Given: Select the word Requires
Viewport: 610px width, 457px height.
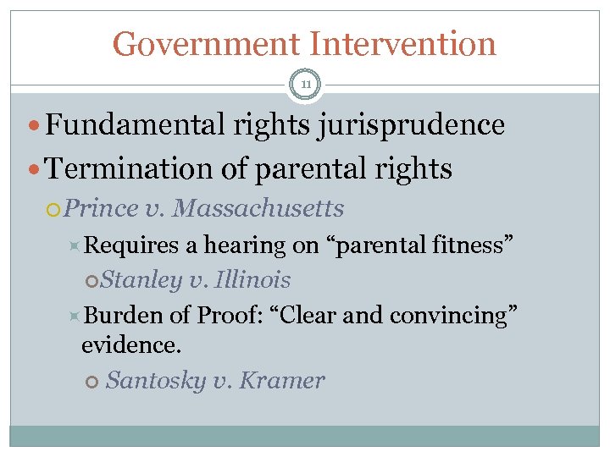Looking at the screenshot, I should click(x=133, y=245).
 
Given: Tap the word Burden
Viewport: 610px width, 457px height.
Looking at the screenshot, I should click(x=125, y=315).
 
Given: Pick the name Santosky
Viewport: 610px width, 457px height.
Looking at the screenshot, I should click(x=156, y=381).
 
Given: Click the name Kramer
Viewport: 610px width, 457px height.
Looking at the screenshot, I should click(x=282, y=381).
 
